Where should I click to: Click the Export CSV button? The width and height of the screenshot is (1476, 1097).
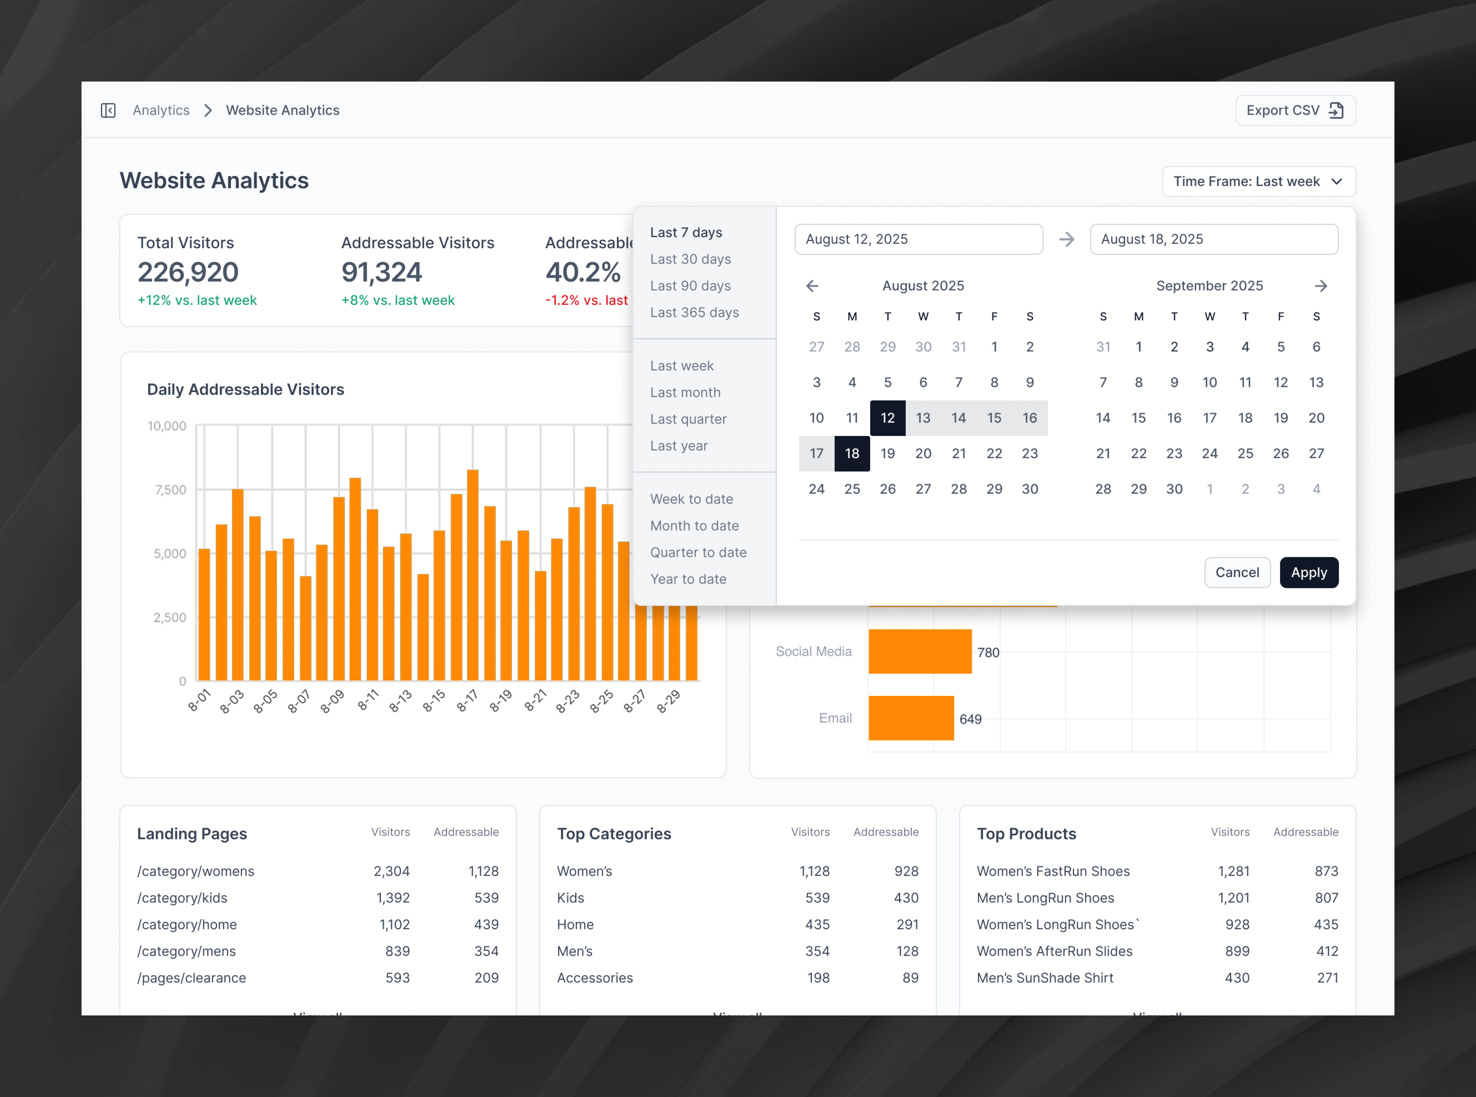pos(1295,110)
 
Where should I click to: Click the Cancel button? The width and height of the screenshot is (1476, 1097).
pos(1236,572)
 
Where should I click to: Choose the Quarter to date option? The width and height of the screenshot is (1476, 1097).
pos(698,552)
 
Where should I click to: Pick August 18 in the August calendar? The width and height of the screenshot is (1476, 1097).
pos(852,454)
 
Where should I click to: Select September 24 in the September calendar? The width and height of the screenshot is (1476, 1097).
pos(1209,454)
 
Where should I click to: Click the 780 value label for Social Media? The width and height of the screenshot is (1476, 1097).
pos(988,652)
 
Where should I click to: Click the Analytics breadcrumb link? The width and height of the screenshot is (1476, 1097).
pos(161,110)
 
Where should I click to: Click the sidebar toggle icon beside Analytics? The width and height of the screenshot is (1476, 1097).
pos(108,110)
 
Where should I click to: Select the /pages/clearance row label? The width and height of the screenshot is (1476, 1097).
pos(191,978)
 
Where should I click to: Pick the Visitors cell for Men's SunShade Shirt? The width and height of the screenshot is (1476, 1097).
pos(1236,978)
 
